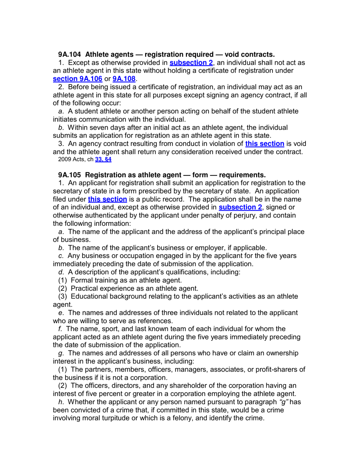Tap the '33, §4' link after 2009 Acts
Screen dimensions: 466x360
click(x=103, y=160)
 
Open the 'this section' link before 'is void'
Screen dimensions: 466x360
click(x=265, y=144)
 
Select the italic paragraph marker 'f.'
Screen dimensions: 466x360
click(x=61, y=329)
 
